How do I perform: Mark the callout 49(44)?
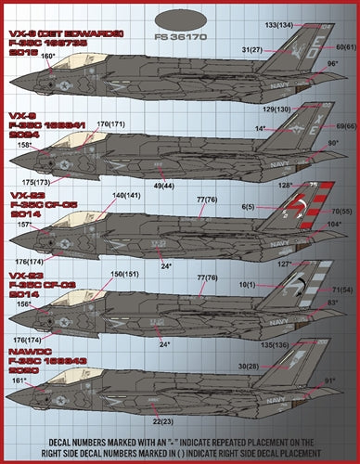163,185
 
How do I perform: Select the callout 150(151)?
125,275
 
